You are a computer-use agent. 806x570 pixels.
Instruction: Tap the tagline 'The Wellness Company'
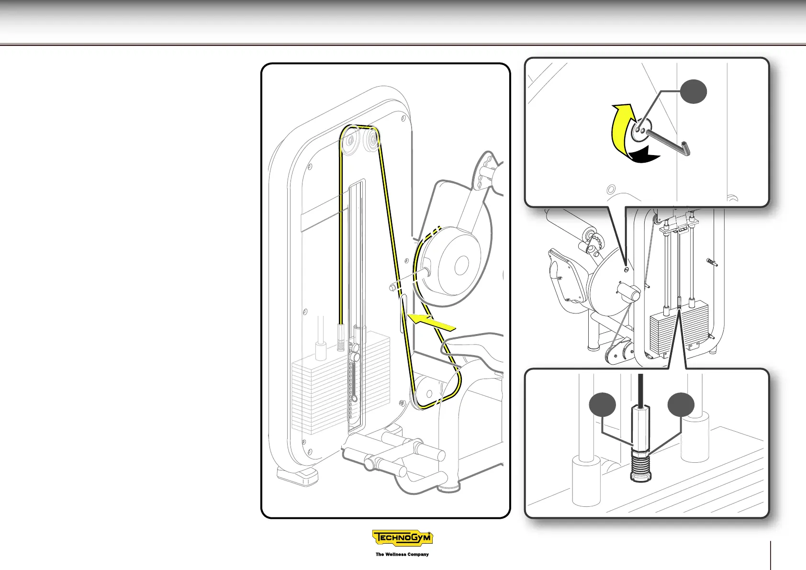(402, 554)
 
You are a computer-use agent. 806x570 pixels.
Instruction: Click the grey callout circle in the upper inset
(694, 91)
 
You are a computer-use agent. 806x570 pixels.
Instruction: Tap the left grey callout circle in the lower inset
(602, 405)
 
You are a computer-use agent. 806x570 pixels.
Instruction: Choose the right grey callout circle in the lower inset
(681, 405)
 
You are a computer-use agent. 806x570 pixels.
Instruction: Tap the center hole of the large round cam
(461, 266)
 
